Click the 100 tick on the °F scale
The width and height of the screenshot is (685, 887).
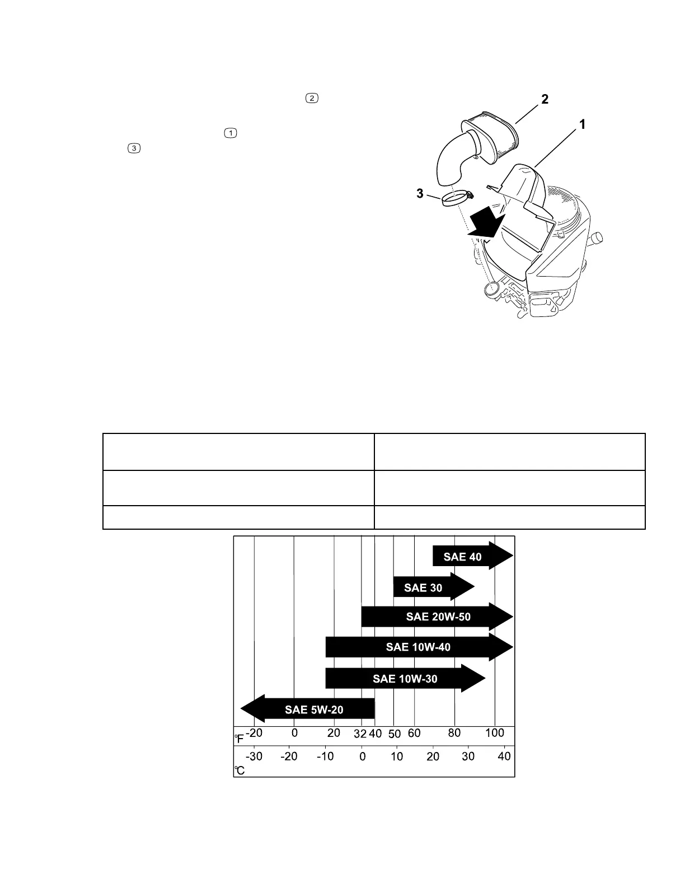point(494,733)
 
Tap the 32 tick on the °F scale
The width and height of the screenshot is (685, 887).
point(361,734)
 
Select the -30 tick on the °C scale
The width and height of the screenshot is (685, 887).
point(254,757)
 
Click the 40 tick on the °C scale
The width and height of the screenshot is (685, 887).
point(504,757)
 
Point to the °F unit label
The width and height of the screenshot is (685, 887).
point(239,739)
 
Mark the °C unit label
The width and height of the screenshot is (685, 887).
point(240,771)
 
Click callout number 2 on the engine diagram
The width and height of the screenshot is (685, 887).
point(544,99)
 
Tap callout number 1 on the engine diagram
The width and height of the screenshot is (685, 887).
point(582,124)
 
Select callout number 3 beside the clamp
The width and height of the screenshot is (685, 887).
point(419,194)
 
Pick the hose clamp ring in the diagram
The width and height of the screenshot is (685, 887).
point(454,199)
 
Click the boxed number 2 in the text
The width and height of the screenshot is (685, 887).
point(312,98)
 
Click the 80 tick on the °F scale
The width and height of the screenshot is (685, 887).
point(454,733)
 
